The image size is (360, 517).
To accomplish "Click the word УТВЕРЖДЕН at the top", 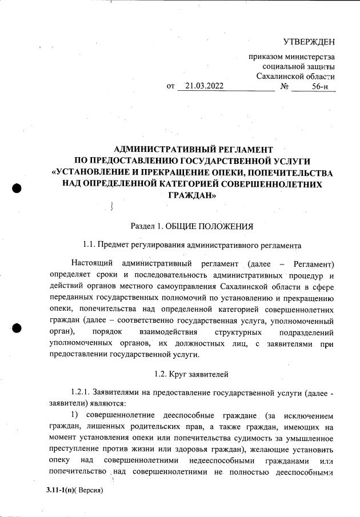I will [309, 42].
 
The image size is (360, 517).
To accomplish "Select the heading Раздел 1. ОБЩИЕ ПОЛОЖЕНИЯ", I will [191, 226].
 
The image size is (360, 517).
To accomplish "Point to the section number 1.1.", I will [90, 246].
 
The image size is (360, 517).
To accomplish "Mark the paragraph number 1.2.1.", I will [81, 394].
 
